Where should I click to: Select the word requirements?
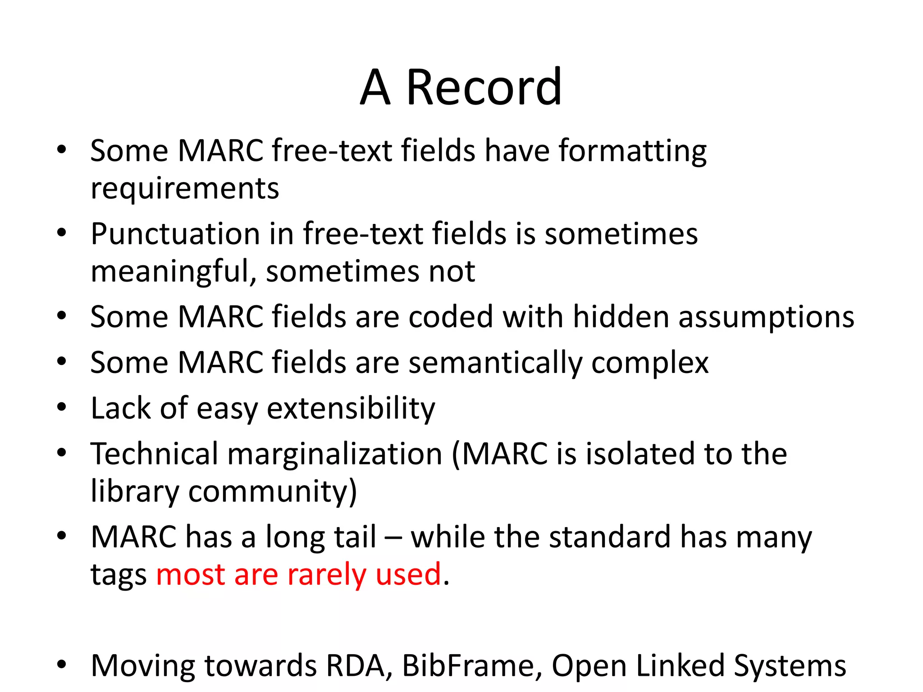(185, 189)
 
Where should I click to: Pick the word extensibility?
(351, 409)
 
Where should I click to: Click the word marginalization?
(335, 455)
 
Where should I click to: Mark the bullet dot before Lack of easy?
(62, 407)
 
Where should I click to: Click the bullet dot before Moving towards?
(62, 665)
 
